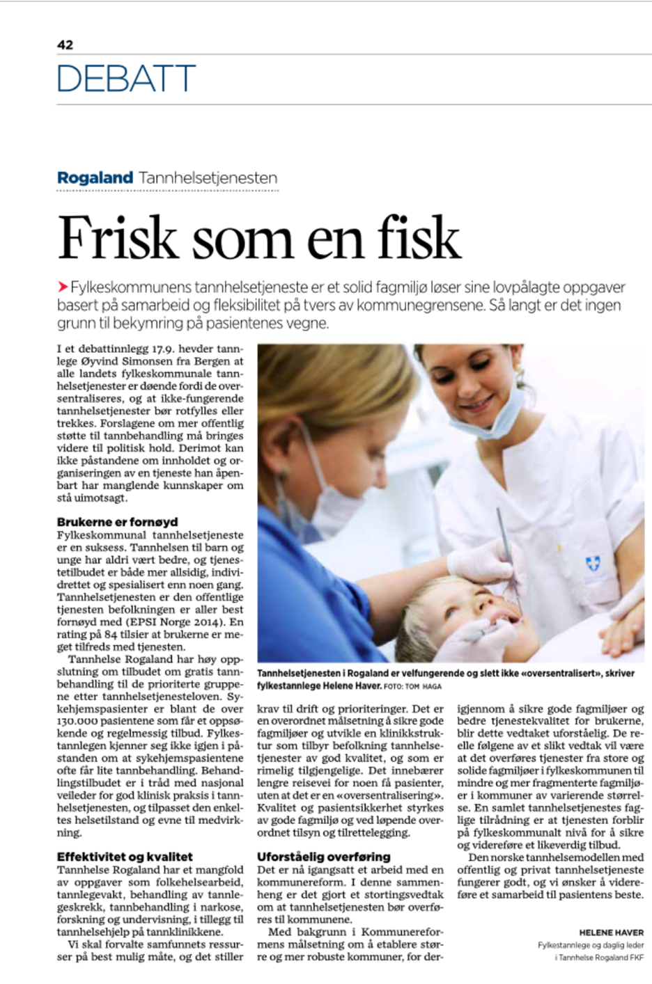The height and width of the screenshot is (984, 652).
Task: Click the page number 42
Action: point(65,45)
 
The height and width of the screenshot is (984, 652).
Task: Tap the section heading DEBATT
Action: point(126,79)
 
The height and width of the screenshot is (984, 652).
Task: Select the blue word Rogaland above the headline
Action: point(95,177)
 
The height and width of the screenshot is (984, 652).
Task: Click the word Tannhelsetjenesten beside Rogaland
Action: point(208,177)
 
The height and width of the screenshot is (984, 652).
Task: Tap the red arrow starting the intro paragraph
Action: point(63,287)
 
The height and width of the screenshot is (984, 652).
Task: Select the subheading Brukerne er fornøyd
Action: point(117,521)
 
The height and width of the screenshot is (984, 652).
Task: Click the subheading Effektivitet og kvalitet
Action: point(125,857)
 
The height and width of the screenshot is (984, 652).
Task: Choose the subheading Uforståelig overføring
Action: point(323,857)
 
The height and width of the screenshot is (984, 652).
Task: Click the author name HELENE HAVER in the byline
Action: point(611,932)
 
